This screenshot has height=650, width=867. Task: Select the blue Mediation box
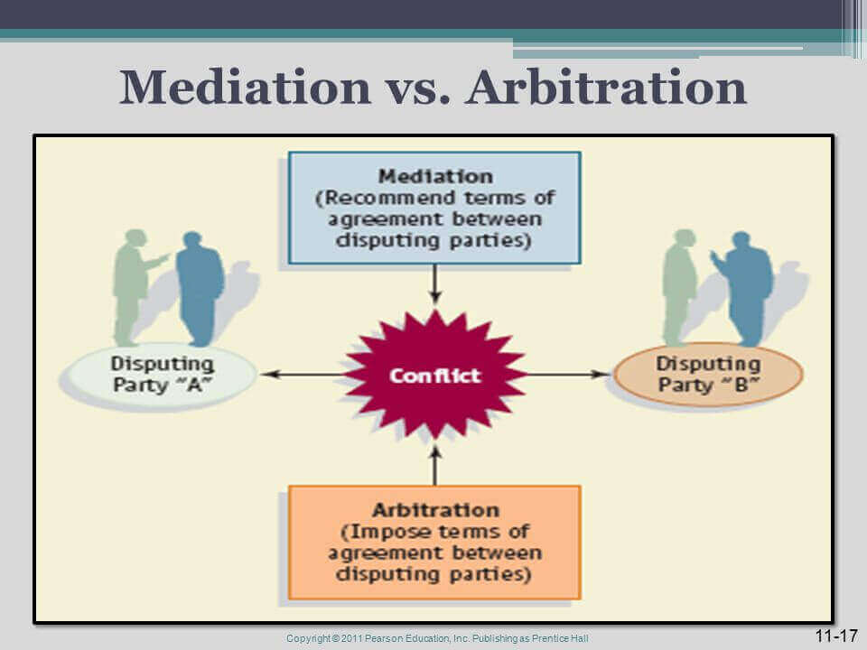[x=434, y=208]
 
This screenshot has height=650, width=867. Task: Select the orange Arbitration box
[x=434, y=542]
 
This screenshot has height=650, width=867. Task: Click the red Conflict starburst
[x=434, y=374]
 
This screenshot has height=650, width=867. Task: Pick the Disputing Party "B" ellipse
[x=708, y=375]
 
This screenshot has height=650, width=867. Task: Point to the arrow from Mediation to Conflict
[x=434, y=284]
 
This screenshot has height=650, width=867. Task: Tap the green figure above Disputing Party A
[x=133, y=284]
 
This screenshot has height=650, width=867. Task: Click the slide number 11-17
[x=835, y=636]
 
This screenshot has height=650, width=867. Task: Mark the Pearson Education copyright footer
[x=437, y=639]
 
